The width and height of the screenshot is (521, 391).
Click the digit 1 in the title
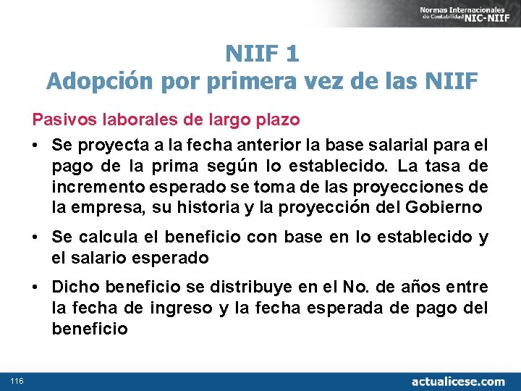click(292, 54)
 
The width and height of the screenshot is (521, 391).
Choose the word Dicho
click(71, 287)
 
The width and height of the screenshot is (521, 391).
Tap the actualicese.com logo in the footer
click(458, 381)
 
